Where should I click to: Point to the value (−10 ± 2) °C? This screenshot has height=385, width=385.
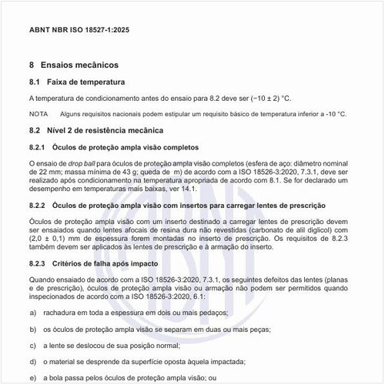(x=265, y=99)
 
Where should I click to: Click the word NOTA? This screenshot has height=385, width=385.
(x=38, y=114)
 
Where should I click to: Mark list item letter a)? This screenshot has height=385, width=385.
(x=33, y=313)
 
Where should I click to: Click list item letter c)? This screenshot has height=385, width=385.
(x=33, y=345)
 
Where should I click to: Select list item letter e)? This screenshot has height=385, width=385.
(x=33, y=377)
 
